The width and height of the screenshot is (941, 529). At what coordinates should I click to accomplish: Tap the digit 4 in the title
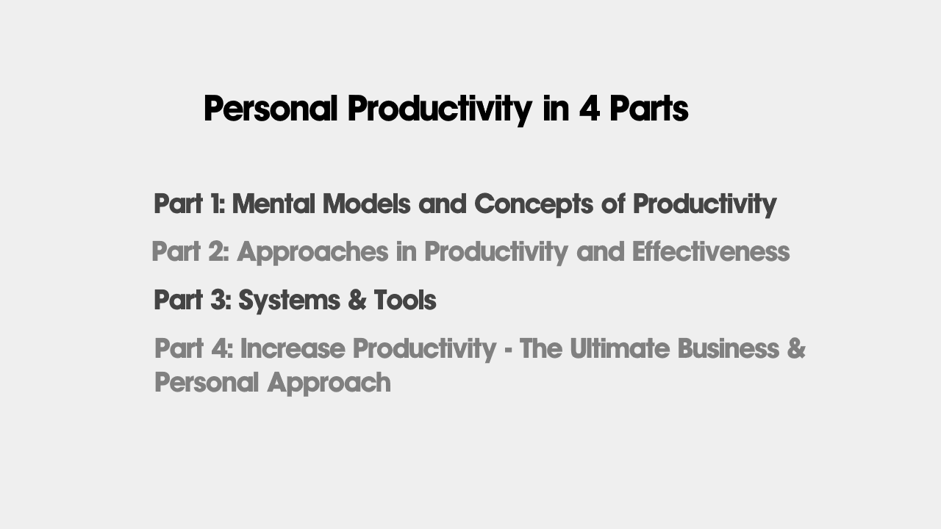pyautogui.click(x=590, y=108)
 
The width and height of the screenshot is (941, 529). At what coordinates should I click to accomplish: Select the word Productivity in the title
pyautogui.click(x=440, y=109)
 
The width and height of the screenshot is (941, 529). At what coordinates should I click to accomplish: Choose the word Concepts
pyautogui.click(x=534, y=205)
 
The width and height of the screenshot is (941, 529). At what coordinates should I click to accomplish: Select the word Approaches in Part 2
pyautogui.click(x=313, y=252)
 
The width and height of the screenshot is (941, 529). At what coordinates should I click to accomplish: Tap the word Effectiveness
pyautogui.click(x=711, y=251)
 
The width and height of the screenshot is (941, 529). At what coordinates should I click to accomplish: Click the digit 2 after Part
pyautogui.click(x=217, y=251)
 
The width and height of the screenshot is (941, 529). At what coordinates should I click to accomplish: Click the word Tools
pyautogui.click(x=405, y=301)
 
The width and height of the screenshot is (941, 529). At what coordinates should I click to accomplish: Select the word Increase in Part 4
pyautogui.click(x=293, y=348)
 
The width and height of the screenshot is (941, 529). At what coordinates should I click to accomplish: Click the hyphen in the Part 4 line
pyautogui.click(x=508, y=350)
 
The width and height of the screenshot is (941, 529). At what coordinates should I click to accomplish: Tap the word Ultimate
pyautogui.click(x=620, y=348)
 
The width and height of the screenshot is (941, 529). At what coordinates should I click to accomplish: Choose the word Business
pyautogui.click(x=729, y=348)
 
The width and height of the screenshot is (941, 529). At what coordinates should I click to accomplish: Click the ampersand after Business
pyautogui.click(x=796, y=348)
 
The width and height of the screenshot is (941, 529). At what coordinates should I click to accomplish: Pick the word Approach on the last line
pyautogui.click(x=329, y=384)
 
